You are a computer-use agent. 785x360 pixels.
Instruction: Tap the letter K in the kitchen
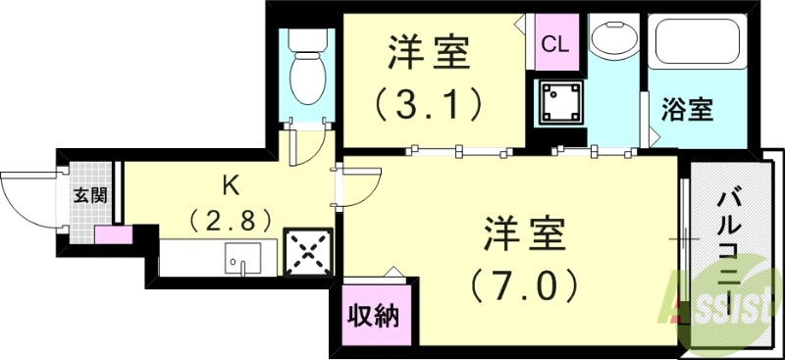231,182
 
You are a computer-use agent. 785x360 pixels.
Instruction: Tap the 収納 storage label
370,318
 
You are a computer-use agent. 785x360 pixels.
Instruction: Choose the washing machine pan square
560,102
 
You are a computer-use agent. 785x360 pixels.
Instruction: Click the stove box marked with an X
305,251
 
